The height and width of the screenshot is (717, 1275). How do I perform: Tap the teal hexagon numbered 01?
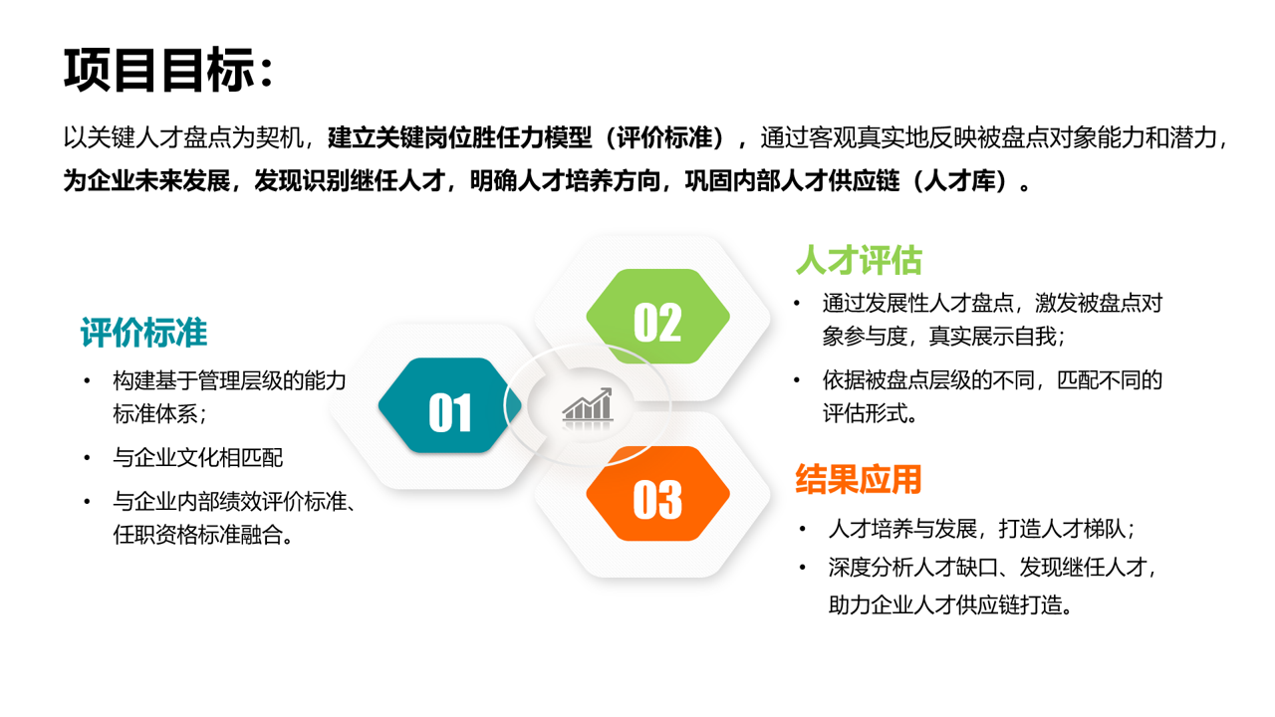[x=449, y=405]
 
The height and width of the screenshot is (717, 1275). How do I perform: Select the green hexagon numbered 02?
[x=658, y=317]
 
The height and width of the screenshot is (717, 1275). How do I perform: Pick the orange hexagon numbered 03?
[x=658, y=493]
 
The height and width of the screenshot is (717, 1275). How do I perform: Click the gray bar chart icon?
[x=588, y=404]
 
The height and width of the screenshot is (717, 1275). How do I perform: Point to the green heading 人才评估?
[x=859, y=261]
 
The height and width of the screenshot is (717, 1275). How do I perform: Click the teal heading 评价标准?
[x=143, y=333]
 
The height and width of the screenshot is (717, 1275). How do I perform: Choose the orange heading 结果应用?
[x=859, y=479]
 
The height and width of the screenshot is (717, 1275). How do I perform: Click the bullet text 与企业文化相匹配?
[x=198, y=457]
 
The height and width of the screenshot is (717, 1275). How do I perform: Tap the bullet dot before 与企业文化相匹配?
[x=87, y=457]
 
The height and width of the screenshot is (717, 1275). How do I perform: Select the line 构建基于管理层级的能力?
[x=229, y=380]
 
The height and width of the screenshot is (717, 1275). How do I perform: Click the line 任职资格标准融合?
[x=202, y=535]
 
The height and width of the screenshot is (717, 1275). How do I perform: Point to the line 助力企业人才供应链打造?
[x=950, y=604]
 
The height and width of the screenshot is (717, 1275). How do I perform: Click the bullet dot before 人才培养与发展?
[x=803, y=529]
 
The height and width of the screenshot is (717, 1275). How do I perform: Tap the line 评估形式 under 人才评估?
[x=870, y=413]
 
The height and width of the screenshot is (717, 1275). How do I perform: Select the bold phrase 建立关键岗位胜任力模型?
[x=460, y=137]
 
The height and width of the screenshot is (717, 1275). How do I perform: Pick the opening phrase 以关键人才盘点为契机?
[x=183, y=137]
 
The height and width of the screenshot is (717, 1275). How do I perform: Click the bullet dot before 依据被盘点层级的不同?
[x=797, y=380]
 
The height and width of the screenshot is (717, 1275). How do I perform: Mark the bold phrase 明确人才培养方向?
[x=565, y=181]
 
